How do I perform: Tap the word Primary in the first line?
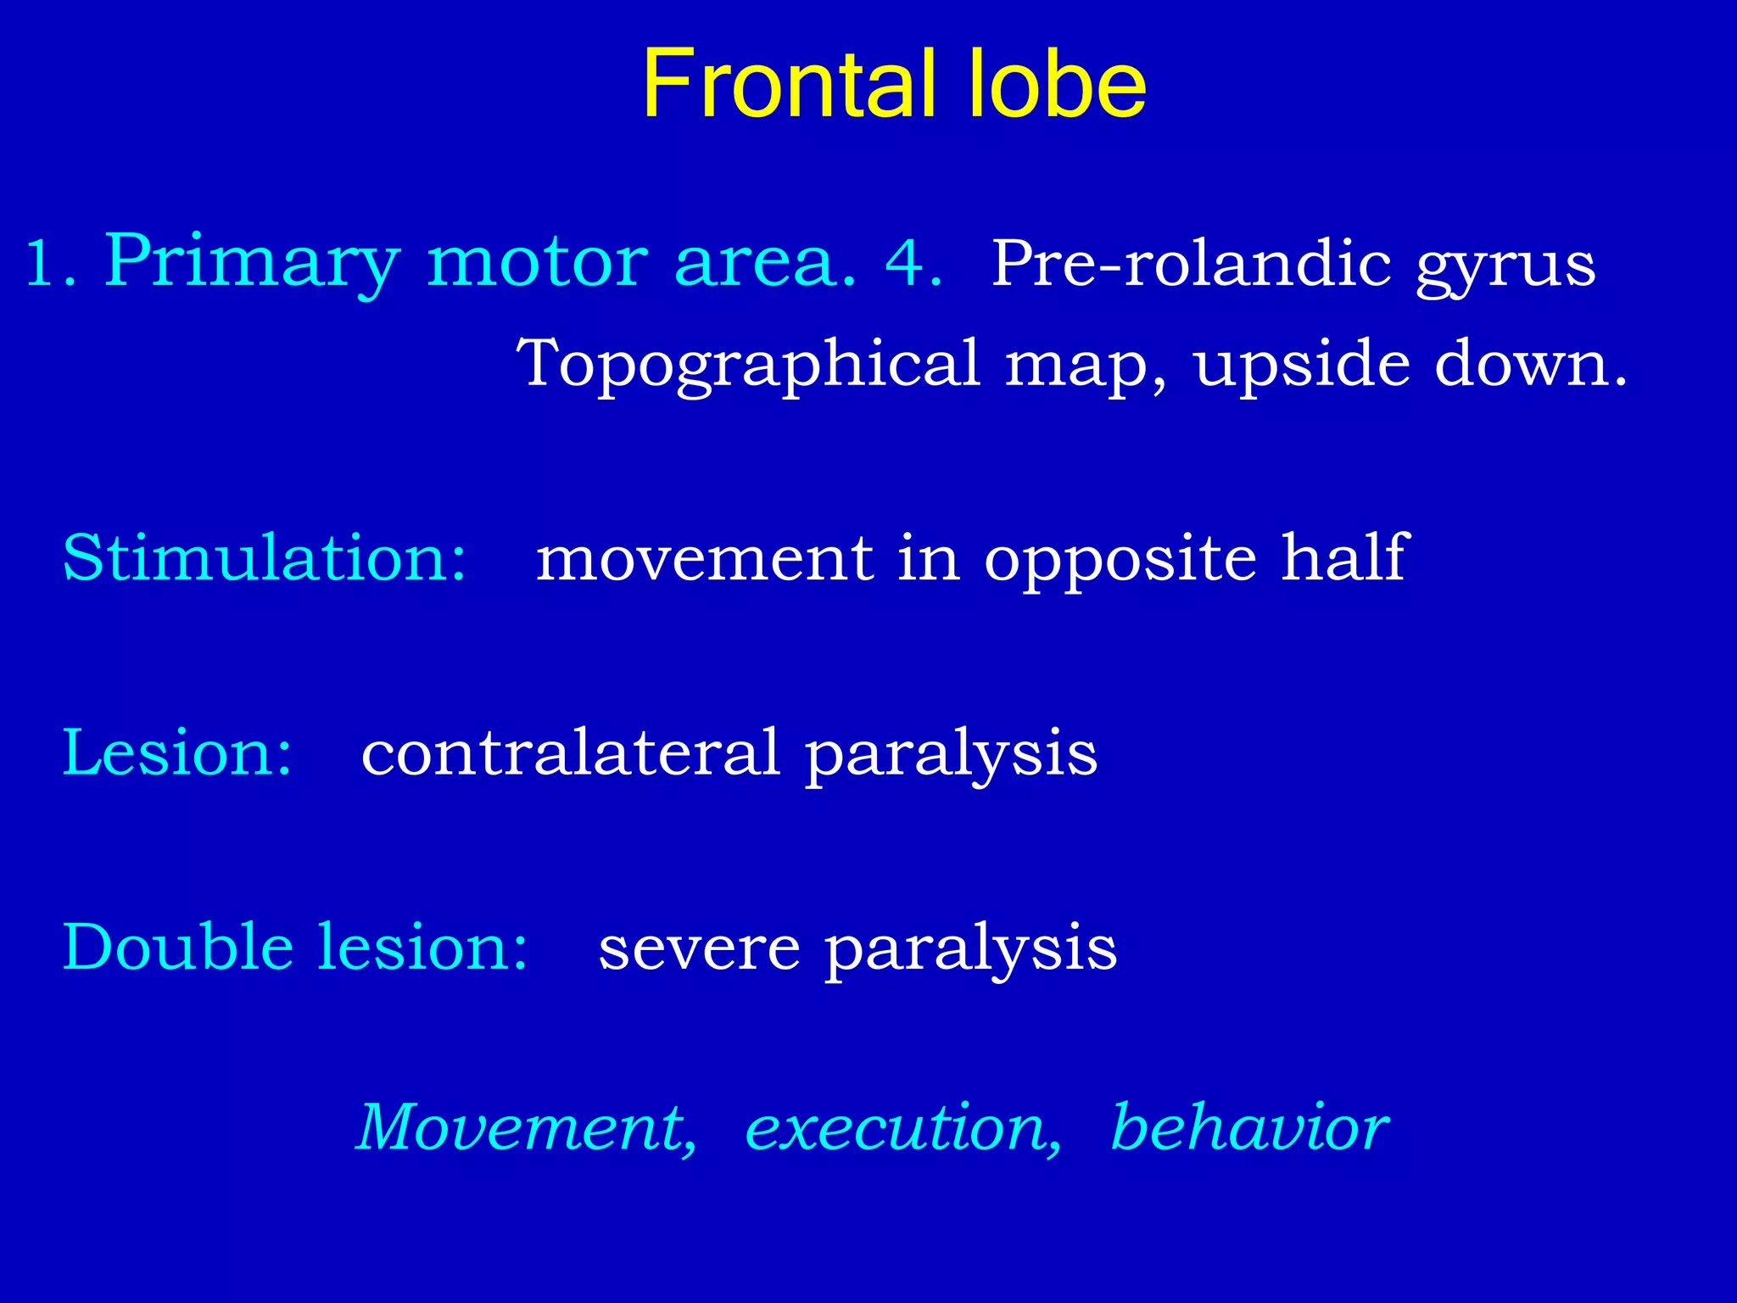pos(251,263)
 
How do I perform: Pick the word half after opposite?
pos(1343,558)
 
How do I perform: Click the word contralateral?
pos(570,753)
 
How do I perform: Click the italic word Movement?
pos(526,1128)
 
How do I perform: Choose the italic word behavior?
pos(1248,1128)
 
